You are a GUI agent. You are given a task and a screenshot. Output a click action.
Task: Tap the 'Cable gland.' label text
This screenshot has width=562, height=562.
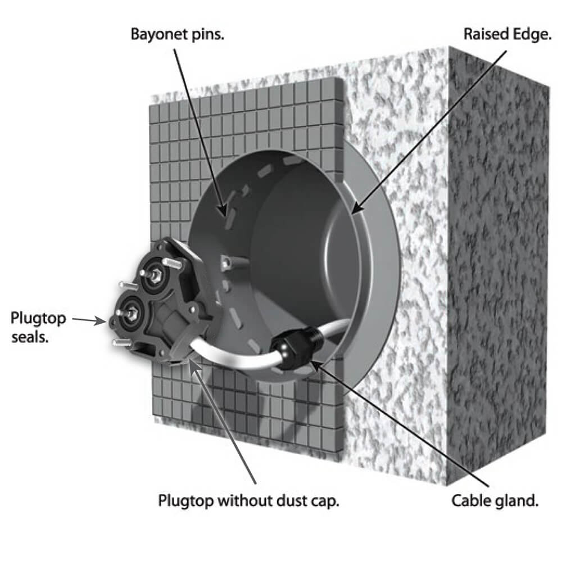(496, 501)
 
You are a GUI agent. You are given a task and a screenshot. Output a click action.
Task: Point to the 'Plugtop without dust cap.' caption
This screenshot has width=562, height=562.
(248, 500)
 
